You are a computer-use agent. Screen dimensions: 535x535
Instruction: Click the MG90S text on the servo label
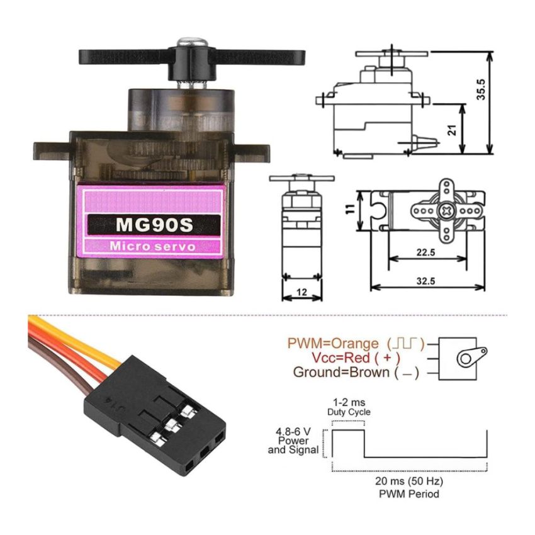153,224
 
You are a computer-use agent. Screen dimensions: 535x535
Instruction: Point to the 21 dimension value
452,130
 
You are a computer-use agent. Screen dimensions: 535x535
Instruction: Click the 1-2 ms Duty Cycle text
349,407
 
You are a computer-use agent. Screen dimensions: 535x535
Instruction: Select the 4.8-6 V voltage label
293,432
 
